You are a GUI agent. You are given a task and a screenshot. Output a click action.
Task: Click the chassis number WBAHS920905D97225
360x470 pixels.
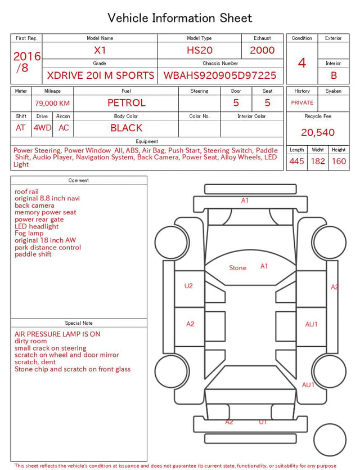tap(220, 75)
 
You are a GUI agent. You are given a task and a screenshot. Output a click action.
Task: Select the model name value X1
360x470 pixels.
tap(100, 50)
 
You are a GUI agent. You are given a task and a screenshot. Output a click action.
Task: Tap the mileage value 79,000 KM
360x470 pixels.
tap(52, 104)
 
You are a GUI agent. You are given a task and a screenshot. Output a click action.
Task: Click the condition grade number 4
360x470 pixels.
tap(302, 63)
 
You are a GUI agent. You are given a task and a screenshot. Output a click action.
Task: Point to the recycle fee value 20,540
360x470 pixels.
tap(318, 132)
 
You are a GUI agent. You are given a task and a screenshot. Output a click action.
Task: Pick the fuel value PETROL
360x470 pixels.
tap(127, 103)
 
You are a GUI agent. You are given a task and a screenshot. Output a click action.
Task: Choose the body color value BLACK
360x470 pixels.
tap(127, 128)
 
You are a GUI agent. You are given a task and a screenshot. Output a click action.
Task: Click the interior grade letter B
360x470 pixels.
tap(334, 75)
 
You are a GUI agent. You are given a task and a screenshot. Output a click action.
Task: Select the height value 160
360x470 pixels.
tap(339, 161)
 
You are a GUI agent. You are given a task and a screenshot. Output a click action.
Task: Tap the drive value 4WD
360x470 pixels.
tap(42, 128)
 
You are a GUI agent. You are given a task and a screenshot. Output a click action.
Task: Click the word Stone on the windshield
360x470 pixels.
tap(238, 268)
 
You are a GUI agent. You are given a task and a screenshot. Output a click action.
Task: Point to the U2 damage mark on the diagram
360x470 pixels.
tap(188, 285)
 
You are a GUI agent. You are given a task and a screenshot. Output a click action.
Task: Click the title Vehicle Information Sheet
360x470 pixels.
tap(179, 18)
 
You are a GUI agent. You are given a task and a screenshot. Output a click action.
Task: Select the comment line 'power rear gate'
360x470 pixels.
tap(39, 220)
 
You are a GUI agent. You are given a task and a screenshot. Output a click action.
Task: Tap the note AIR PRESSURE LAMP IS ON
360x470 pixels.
tap(57, 334)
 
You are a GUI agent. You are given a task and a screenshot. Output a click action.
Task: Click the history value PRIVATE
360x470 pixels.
tap(302, 102)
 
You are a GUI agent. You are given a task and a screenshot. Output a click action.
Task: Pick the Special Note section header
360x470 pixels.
tap(79, 323)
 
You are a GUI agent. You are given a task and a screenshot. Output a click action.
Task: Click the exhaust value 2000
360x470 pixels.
tap(262, 50)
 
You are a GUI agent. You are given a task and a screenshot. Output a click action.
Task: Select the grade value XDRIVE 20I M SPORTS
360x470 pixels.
tap(101, 75)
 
